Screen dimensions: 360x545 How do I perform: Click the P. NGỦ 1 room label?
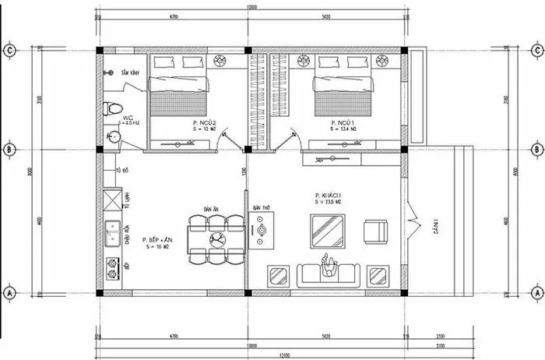tap(343, 125)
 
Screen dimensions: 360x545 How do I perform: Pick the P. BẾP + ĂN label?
tap(159, 242)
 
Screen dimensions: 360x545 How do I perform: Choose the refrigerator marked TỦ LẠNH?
tap(111, 202)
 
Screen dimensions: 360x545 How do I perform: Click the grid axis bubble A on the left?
tap(9, 293)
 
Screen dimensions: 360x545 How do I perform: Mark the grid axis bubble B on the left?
tap(9, 149)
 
